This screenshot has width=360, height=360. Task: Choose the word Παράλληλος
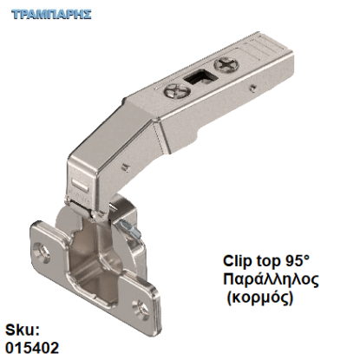tap(271, 279)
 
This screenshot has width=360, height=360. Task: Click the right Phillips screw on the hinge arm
tap(229, 64)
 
